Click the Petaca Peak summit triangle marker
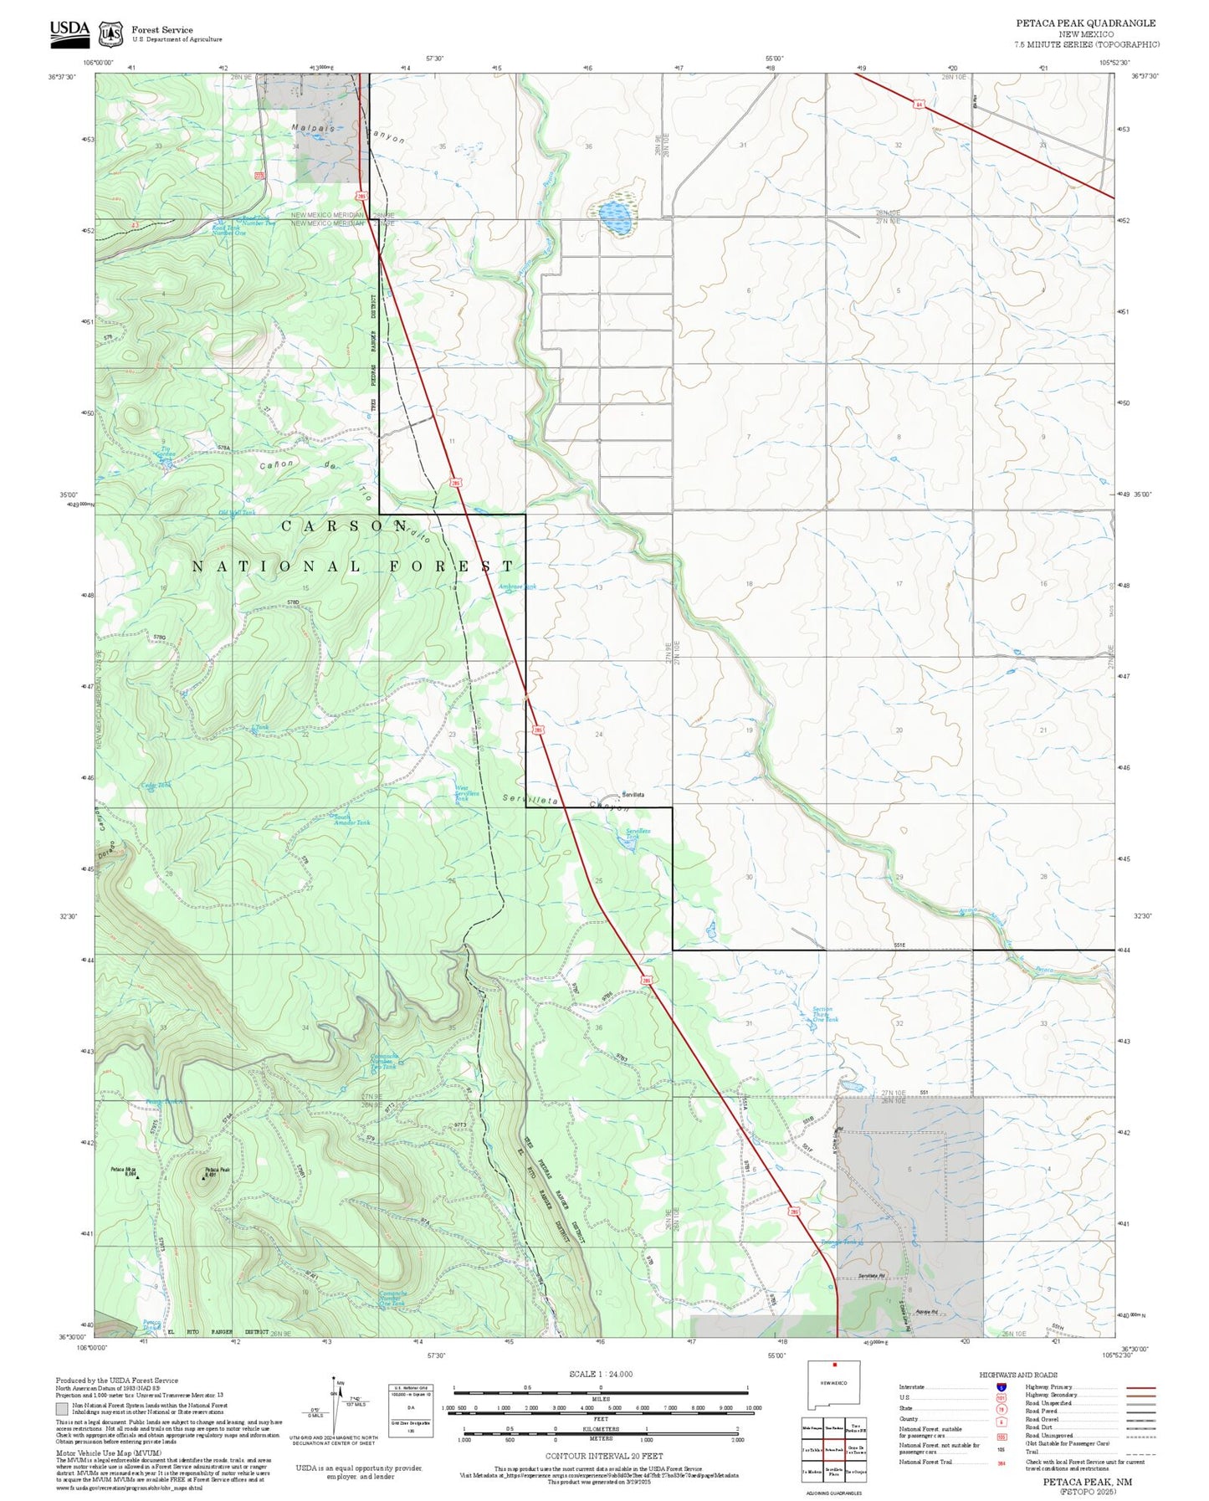pyautogui.click(x=204, y=1177)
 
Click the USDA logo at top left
pyautogui.click(x=69, y=30)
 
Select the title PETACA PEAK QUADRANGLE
pyautogui.click(x=1085, y=23)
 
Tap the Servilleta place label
pyautogui.click(x=633, y=794)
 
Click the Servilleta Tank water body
pyautogui.click(x=629, y=845)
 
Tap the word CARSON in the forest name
pyautogui.click(x=344, y=525)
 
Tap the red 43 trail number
pyautogui.click(x=134, y=224)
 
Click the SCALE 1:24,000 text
pyautogui.click(x=600, y=1374)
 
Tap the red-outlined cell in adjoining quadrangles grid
pyautogui.click(x=833, y=1447)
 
